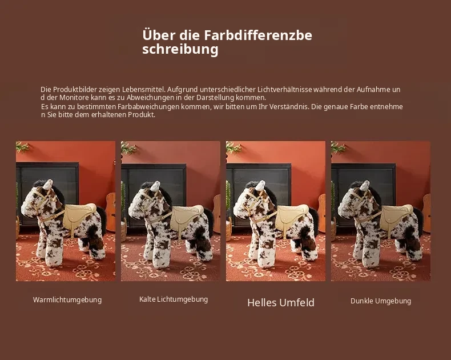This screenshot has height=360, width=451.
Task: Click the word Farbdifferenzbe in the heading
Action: click(258, 35)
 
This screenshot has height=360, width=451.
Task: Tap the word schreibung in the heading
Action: click(180, 49)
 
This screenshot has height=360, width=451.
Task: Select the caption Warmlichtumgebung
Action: click(67, 300)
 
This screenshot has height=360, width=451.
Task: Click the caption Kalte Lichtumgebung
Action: click(174, 299)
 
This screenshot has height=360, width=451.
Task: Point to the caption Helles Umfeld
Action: click(281, 302)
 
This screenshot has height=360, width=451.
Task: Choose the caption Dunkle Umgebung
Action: click(381, 301)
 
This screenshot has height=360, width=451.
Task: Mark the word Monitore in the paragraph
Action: click(74, 97)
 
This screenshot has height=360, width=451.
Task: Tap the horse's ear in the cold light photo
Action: click(155, 186)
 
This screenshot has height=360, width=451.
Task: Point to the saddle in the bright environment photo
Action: click(291, 218)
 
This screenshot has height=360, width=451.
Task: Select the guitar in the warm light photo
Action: click(110, 212)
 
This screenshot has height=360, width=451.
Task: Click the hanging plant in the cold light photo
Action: click(128, 148)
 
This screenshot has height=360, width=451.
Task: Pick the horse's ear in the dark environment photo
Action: click(365, 186)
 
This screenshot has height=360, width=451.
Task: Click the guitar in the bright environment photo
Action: click(321, 213)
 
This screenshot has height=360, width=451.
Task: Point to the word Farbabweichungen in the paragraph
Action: click(148, 106)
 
